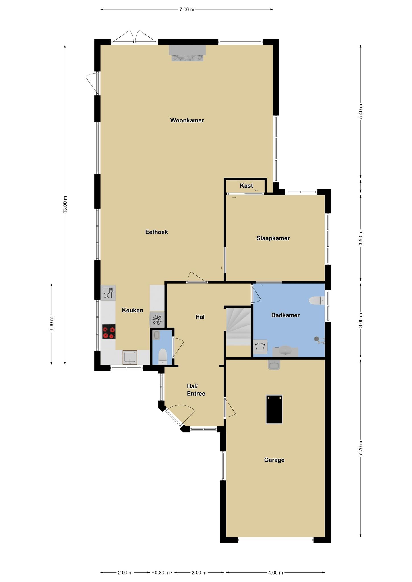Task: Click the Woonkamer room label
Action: [x=187, y=120]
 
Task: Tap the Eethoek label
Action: [x=156, y=232]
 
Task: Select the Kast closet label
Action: [x=246, y=186]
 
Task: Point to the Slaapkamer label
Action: [x=273, y=238]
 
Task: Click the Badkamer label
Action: [x=285, y=315]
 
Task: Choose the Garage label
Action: [x=274, y=460]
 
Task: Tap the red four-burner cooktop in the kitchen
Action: [x=109, y=331]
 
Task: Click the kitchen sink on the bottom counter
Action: [x=130, y=357]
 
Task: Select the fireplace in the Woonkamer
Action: [x=187, y=53]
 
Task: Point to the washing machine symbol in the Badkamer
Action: [x=260, y=347]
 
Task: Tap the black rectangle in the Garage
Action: [x=274, y=409]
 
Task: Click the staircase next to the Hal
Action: [x=238, y=327]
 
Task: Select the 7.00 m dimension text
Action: [x=187, y=9]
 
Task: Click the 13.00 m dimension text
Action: [x=65, y=205]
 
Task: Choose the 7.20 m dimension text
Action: [x=360, y=448]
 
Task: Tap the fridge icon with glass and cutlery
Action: [x=108, y=293]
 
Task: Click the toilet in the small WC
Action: [x=162, y=356]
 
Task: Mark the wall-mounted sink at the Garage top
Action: [x=274, y=365]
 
